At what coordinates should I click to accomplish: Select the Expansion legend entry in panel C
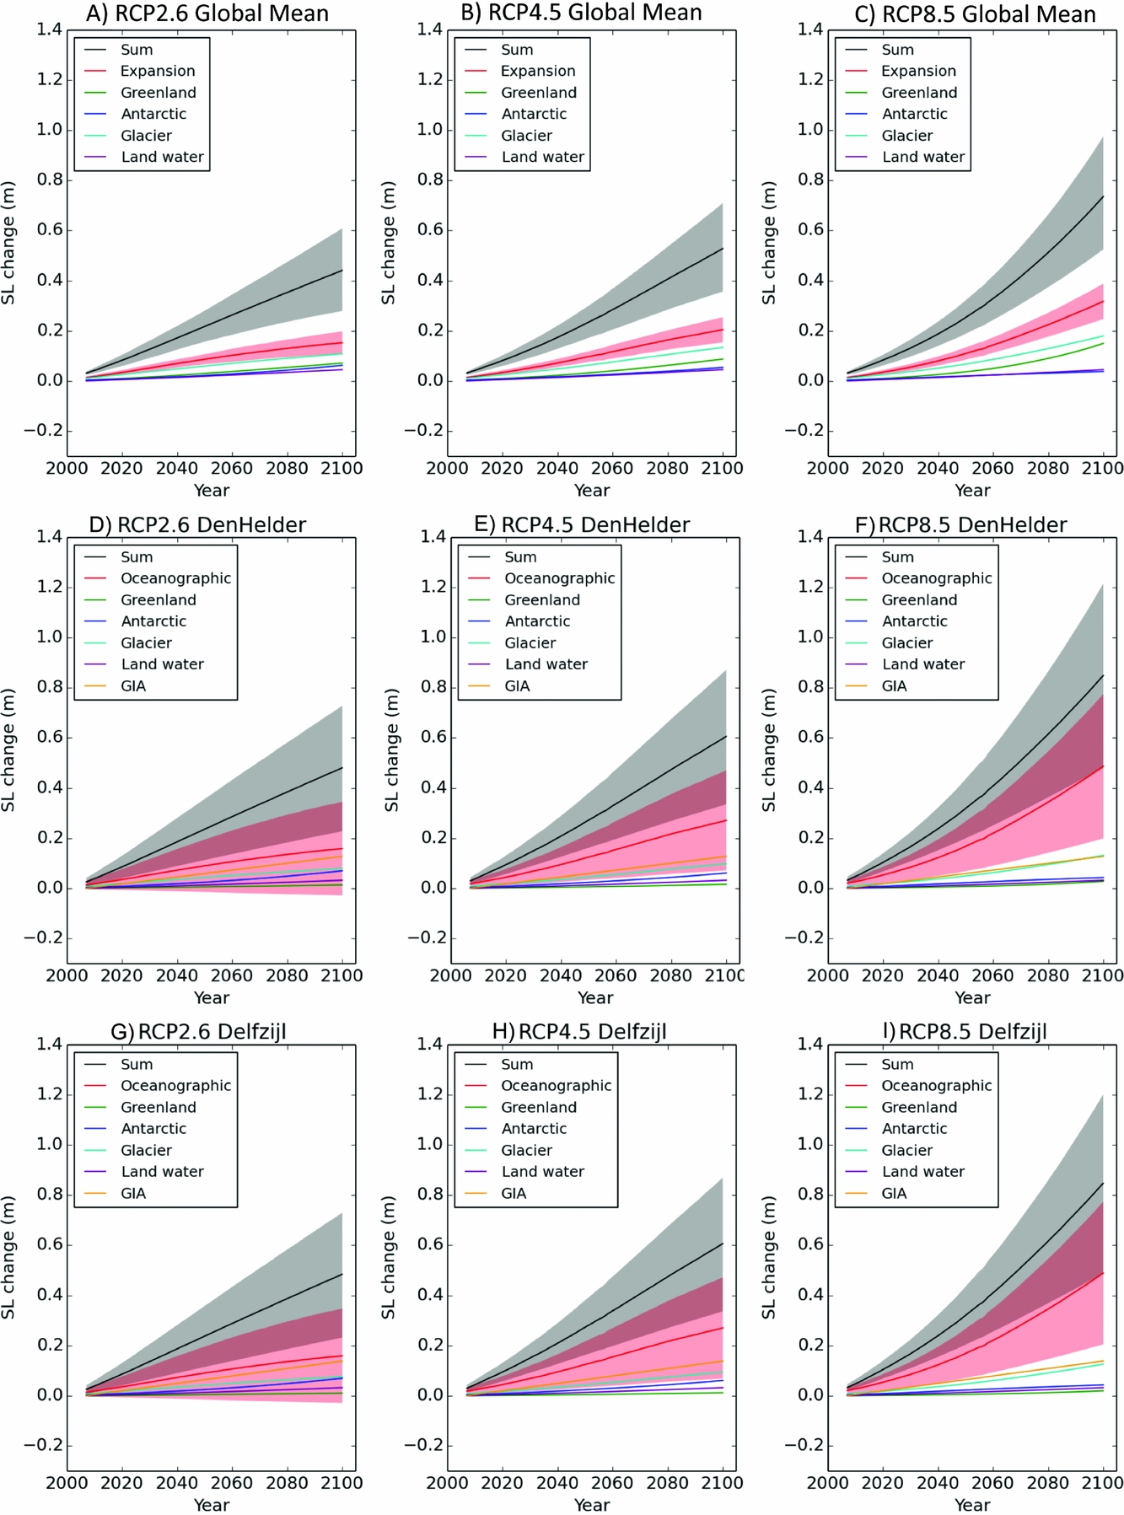coord(918,71)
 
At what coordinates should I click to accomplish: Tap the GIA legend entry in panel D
coord(133,685)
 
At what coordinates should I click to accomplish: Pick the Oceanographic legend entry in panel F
coord(936,578)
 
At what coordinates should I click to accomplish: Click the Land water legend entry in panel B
coord(542,157)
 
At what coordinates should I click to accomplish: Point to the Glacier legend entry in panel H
coord(526,1150)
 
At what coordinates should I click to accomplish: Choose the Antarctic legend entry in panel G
coord(153,1128)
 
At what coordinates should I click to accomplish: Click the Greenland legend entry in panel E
coord(542,599)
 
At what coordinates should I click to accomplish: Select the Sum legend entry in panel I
coord(897,1064)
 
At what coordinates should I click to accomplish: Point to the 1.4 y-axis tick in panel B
coord(429,30)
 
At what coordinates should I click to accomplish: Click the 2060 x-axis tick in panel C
coord(992,469)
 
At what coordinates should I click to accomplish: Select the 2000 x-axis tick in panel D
coord(67,975)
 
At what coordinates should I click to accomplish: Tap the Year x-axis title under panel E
coord(594,997)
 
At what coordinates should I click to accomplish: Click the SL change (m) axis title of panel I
coord(768,1256)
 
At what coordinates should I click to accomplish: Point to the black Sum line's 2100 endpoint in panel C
coord(1103,196)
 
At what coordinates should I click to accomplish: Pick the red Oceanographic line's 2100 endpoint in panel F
coord(1103,766)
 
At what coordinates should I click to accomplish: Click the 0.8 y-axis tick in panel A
coord(49,180)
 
